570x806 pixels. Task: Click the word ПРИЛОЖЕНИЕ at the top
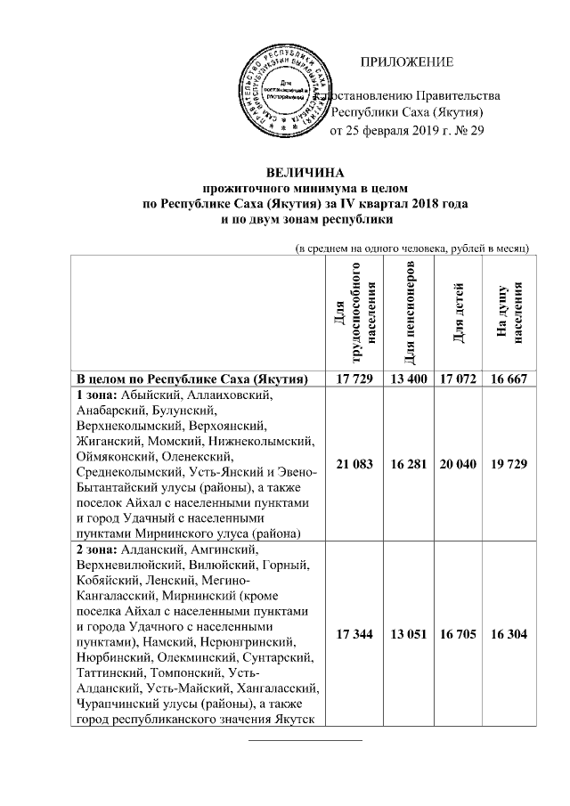[x=407, y=61]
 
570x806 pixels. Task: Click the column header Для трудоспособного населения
[x=356, y=313]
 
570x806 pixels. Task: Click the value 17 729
[x=356, y=379]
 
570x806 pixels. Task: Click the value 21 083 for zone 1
[x=356, y=464]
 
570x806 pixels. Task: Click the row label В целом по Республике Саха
[x=191, y=379]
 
